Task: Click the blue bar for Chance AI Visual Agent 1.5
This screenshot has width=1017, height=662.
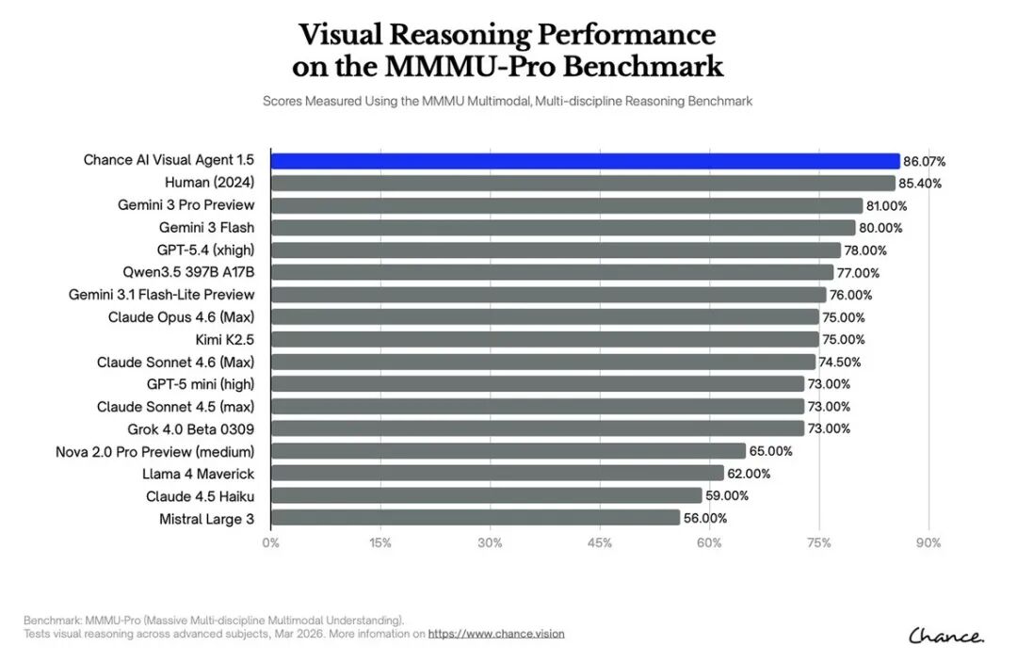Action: [x=585, y=161]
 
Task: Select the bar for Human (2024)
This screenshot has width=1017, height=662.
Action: [x=583, y=183]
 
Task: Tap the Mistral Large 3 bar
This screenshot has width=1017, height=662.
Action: [x=476, y=517]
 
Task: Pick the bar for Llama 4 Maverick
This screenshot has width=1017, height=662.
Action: [x=497, y=474]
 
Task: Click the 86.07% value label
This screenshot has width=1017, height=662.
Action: [x=925, y=161]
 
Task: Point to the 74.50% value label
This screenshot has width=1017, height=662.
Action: [x=839, y=362]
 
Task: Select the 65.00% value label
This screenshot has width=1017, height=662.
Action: [x=770, y=451]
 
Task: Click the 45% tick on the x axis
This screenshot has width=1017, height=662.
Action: [x=599, y=543]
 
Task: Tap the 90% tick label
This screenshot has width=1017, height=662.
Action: [x=928, y=543]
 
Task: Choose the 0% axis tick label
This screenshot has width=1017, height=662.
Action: [x=270, y=543]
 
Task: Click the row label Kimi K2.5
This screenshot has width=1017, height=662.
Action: [x=225, y=340]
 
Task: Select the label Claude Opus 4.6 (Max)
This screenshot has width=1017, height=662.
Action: [x=181, y=317]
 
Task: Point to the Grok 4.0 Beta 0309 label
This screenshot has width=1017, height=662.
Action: [x=190, y=429]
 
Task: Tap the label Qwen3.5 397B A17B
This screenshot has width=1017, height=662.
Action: [x=188, y=272]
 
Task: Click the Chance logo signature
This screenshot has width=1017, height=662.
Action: [x=946, y=636]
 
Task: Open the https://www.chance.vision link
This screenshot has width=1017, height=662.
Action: [x=496, y=634]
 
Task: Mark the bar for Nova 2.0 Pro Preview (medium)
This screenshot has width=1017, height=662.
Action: [x=508, y=451]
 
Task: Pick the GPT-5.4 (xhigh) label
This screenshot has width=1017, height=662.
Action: [x=205, y=250]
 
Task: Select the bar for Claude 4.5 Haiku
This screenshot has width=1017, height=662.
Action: [x=487, y=495]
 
